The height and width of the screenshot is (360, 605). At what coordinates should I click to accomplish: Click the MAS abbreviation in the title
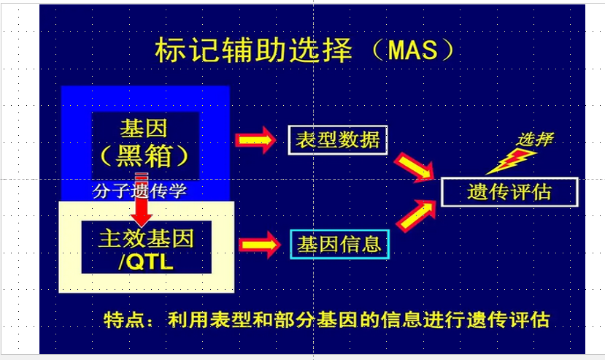tap(413, 50)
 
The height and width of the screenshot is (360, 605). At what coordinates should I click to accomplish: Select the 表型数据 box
tap(338, 140)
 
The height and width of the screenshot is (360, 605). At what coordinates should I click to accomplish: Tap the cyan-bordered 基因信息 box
tap(339, 244)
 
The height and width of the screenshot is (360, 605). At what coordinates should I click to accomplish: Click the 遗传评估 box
tap(509, 192)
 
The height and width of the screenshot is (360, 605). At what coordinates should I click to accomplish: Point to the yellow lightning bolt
tap(510, 161)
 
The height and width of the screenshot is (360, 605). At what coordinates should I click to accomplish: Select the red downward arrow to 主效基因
tap(142, 199)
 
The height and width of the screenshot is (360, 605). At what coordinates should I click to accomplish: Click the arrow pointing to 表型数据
tap(255, 139)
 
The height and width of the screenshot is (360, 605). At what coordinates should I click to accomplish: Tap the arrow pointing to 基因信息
tap(259, 245)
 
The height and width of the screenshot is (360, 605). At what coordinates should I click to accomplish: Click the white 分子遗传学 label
tap(139, 191)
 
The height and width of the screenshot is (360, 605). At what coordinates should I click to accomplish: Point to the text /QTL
tap(146, 262)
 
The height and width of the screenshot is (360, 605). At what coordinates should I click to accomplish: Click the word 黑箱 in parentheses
tap(144, 156)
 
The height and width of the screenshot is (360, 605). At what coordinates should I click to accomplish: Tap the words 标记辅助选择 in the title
tap(253, 50)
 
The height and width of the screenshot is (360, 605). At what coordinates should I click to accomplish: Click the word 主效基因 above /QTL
tap(146, 238)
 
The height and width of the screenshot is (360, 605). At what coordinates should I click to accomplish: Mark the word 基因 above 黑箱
tap(144, 129)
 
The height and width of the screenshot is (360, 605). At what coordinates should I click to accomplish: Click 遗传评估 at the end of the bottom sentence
tap(509, 320)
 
